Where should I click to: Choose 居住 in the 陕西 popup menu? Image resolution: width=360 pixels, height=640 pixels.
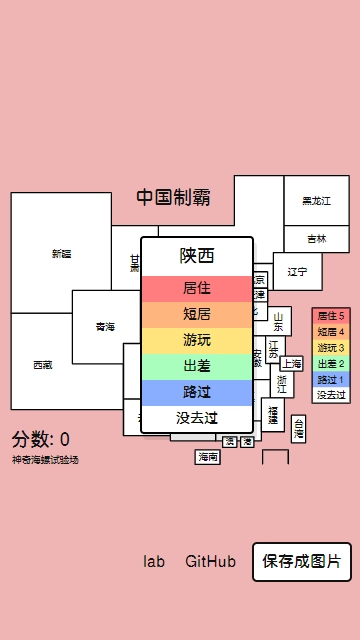click(197, 288)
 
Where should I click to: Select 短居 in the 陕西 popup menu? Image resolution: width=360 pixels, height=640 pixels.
click(197, 314)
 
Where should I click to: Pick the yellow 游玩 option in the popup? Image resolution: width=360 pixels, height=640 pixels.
click(197, 340)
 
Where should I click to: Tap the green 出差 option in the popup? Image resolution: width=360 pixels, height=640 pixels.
click(197, 366)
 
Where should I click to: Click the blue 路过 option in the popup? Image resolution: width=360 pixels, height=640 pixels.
click(197, 392)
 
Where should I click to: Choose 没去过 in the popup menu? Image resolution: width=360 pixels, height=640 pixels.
click(197, 418)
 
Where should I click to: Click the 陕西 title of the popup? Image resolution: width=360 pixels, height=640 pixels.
click(197, 255)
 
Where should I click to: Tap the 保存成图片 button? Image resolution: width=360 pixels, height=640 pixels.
click(301, 561)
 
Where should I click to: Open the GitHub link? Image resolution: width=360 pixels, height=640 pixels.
click(211, 561)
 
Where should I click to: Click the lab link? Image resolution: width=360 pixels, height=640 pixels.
click(153, 561)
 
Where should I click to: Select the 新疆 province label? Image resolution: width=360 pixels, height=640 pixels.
click(61, 253)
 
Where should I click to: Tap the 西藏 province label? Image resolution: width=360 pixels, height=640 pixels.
click(42, 365)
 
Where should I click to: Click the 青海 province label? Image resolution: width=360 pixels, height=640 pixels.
click(105, 327)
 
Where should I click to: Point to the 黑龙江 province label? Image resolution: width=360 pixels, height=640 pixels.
click(316, 201)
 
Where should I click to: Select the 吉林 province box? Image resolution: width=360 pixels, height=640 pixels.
click(316, 239)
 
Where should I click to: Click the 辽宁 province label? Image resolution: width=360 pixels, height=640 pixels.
click(297, 271)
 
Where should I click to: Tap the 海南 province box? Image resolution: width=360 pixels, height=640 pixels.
click(207, 457)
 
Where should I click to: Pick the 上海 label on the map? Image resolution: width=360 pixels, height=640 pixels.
click(292, 364)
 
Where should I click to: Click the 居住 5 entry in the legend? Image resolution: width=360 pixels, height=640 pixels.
click(330, 315)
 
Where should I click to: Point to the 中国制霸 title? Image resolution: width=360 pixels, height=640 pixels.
click(173, 197)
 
